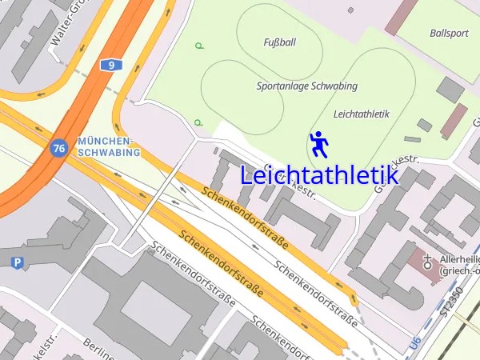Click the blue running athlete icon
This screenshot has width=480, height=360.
319,144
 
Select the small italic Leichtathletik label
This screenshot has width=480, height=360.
361,114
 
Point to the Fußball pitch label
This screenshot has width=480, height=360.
279,42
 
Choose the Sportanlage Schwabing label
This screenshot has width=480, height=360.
307,86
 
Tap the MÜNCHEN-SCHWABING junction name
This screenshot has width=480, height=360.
109,146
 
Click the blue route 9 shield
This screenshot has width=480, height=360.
111,65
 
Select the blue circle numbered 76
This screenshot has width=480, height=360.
58,148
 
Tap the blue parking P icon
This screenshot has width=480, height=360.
18,262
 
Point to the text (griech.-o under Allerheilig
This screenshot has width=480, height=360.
458,272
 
